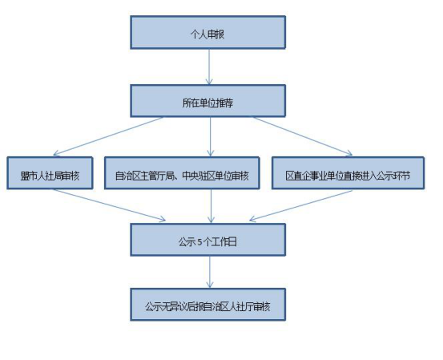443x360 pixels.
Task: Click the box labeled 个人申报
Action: (x=208, y=32)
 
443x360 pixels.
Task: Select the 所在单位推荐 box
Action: (x=208, y=101)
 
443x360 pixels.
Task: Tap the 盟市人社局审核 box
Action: (x=50, y=173)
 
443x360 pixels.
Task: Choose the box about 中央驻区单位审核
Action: (x=182, y=173)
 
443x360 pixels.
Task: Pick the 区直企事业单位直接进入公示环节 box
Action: (x=348, y=173)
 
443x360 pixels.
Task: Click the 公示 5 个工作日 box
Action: (x=208, y=240)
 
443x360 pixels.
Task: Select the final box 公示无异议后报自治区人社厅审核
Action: (x=208, y=305)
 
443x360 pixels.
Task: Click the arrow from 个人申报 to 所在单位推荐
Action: (x=209, y=67)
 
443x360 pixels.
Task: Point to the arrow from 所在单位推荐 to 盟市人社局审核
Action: (x=108, y=136)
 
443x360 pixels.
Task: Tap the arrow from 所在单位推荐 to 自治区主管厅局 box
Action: (x=210, y=136)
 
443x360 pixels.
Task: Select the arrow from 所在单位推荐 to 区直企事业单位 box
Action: (x=303, y=136)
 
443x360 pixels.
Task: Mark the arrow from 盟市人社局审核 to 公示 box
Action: (x=109, y=204)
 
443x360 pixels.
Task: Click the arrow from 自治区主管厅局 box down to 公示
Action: (x=211, y=206)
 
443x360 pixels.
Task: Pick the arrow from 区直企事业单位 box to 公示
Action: (x=301, y=205)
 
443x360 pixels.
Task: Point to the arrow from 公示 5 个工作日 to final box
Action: (x=210, y=272)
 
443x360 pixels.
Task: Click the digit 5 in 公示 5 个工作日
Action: (x=200, y=242)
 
